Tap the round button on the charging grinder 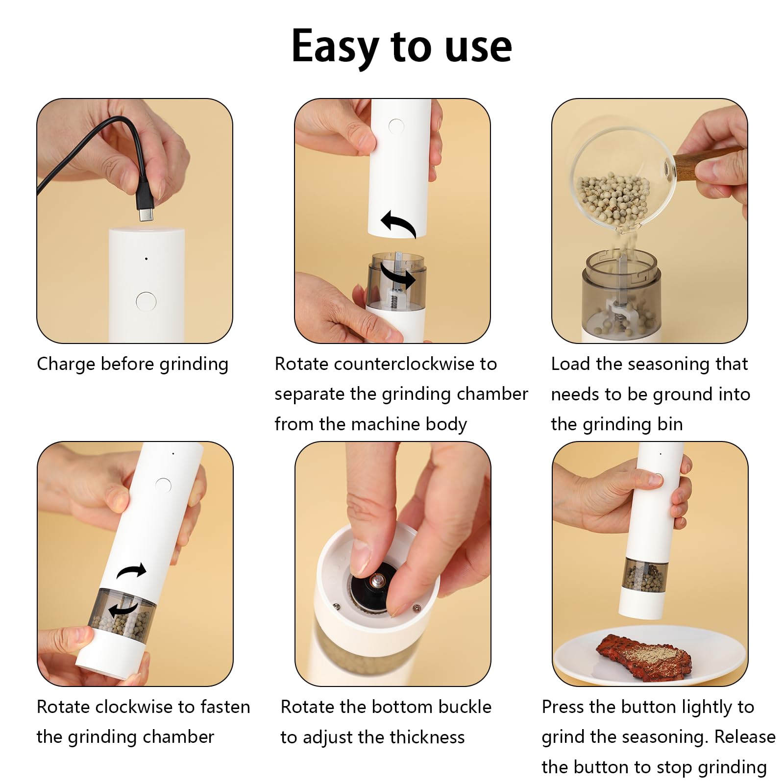146,301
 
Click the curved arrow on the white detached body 398,223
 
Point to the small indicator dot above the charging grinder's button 146,258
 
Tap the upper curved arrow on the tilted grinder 131,570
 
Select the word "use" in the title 478,49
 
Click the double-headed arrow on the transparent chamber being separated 398,278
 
